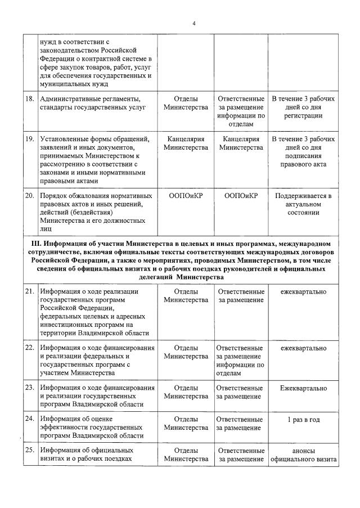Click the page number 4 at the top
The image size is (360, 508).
[194, 23]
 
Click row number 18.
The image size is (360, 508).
[30, 98]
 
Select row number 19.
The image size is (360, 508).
[30, 139]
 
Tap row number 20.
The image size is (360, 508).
[30, 196]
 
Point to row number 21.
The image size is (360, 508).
[30, 291]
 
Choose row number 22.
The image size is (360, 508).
[30, 348]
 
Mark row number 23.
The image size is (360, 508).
[30, 388]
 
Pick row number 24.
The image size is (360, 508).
[30, 419]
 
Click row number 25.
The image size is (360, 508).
[30, 451]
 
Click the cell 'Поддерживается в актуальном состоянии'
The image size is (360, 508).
[303, 204]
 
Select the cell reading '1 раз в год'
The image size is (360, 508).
[303, 419]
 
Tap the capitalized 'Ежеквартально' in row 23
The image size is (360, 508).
[303, 388]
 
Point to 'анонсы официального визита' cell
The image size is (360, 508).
[303, 455]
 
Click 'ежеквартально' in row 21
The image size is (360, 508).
[303, 291]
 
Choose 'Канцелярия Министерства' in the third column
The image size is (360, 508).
[241, 143]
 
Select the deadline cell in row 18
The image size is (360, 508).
[303, 107]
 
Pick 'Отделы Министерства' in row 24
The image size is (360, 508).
[186, 424]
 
